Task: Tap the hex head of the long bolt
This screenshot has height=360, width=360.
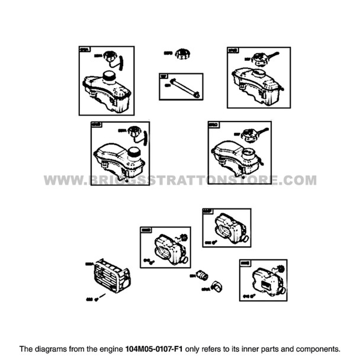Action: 196,94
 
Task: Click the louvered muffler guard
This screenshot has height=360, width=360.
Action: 111,277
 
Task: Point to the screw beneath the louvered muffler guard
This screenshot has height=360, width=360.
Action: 102,296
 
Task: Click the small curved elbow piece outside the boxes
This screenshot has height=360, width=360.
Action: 216,285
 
